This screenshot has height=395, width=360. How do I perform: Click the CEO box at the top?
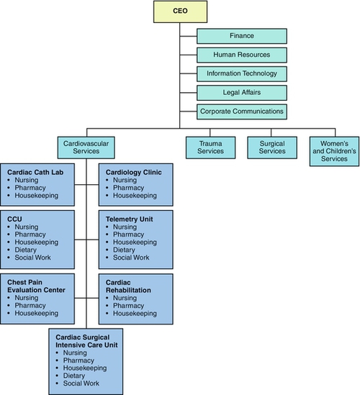coord(180,12)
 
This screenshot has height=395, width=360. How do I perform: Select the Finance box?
coord(242,35)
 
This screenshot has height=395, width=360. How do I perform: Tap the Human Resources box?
coord(242,55)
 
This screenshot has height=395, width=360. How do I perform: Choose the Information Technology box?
coord(242,73)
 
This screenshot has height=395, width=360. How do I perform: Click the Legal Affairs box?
coord(242,92)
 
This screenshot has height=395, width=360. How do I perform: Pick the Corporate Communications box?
coord(242,112)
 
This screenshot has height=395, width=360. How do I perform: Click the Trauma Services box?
coord(210,147)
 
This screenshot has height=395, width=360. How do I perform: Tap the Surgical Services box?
coord(271,147)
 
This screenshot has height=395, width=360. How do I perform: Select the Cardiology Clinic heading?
coord(133,173)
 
